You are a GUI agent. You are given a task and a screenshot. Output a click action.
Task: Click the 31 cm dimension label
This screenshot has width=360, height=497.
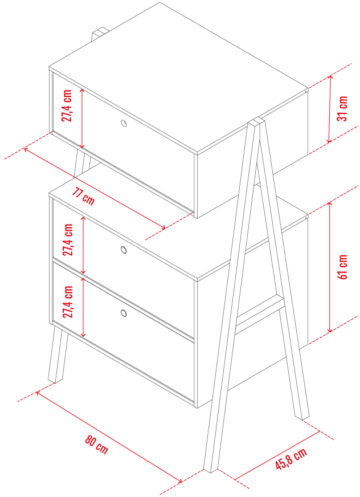[342, 108]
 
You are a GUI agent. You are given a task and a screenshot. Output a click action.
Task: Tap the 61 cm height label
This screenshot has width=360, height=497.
[342, 267]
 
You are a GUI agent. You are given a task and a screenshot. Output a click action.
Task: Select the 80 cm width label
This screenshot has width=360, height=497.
[96, 445]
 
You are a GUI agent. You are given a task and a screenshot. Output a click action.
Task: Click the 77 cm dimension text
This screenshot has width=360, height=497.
[83, 197]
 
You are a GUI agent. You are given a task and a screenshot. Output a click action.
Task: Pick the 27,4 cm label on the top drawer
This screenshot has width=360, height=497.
[67, 105]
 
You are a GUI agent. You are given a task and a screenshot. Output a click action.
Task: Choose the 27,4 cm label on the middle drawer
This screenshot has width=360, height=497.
[68, 239]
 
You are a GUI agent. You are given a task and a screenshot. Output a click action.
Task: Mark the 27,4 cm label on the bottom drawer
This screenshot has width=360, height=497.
[68, 302]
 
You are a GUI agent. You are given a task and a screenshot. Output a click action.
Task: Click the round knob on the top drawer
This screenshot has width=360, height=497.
[124, 123]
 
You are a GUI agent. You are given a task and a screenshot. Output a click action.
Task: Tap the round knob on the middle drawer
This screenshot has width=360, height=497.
[124, 250]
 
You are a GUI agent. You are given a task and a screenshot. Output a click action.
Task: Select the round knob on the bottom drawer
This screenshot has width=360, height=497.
[124, 313]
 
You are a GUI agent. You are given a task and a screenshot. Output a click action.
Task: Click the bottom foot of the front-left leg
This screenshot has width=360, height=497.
[54, 379]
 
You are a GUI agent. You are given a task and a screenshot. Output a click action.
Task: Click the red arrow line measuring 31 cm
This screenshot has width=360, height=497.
[330, 109]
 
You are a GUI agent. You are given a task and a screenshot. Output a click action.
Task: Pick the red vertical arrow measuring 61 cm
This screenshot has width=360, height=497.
[330, 267]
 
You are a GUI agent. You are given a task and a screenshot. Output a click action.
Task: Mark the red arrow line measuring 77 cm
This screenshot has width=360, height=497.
[95, 188]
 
